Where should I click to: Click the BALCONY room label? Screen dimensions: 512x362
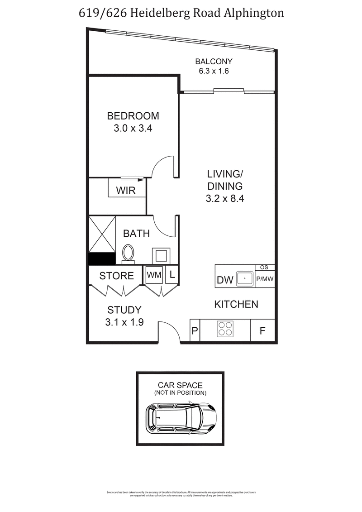[214, 62]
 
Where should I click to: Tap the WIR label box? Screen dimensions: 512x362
[126, 191]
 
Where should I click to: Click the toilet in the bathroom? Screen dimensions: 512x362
[129, 254]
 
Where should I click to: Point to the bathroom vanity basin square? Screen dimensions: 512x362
[160, 256]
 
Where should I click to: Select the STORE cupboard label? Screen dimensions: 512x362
[116, 276]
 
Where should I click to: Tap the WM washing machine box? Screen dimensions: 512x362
[151, 274]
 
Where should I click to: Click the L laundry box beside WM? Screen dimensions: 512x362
[172, 274]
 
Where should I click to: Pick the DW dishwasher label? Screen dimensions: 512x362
[225, 280]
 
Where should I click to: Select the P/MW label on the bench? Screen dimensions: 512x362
[265, 279]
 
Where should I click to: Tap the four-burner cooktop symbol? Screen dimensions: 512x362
[224, 329]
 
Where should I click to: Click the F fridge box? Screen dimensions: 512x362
[262, 331]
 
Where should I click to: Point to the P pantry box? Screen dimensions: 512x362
[195, 331]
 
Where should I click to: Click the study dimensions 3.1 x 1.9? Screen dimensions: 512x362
[124, 323]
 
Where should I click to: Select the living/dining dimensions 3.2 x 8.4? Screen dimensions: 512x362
[225, 198]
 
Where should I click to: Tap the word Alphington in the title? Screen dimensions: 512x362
[254, 13]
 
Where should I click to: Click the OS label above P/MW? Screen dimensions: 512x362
[265, 268]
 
